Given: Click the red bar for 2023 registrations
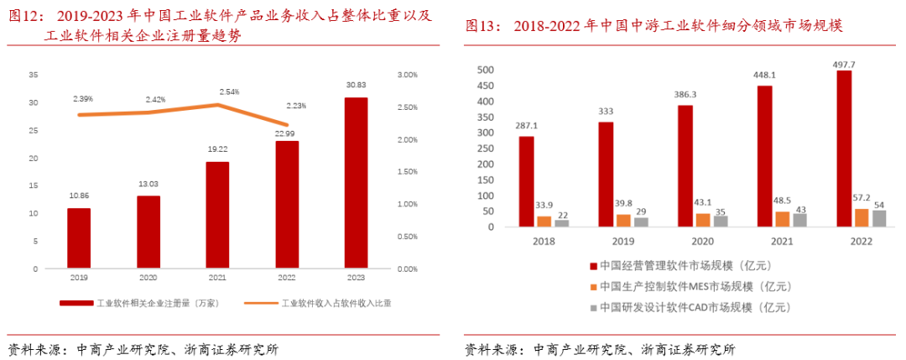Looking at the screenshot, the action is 356,183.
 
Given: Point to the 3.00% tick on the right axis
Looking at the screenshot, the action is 408,76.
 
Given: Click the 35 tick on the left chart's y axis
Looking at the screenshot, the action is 33,76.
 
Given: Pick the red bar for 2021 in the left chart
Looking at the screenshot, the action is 217,216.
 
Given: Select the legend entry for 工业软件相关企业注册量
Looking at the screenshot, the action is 138,302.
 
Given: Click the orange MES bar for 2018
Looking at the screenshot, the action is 544,222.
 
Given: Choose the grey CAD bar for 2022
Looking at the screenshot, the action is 878,218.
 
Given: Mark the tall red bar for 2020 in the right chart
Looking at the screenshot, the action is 686,166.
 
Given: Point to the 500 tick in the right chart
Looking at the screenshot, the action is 487,70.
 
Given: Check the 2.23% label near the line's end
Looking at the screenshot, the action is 295,106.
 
